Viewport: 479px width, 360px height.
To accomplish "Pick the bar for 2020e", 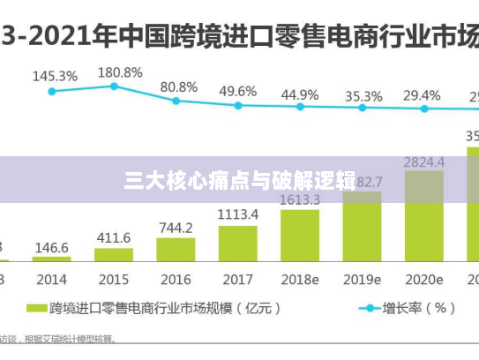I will tap(424, 215).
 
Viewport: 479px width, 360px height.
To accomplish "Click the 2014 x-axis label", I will tap(51, 280).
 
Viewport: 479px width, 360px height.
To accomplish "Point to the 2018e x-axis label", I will tap(299, 280).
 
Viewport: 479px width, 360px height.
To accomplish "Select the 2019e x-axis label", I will tap(363, 280).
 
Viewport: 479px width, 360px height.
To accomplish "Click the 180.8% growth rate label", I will tap(120, 72).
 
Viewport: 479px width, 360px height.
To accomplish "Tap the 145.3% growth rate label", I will tap(55, 76).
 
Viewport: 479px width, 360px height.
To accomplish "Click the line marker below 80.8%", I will tap(176, 101).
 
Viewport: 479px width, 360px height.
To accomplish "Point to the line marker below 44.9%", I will tap(300, 107).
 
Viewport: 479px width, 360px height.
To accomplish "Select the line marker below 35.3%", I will tap(363, 109).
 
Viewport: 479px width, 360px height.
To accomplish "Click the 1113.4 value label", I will tap(238, 214).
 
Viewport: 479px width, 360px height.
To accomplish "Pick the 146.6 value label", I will tap(51, 248).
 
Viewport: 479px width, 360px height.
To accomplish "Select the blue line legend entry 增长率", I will tap(406, 309).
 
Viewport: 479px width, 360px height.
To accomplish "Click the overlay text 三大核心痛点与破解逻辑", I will tap(239, 181).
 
